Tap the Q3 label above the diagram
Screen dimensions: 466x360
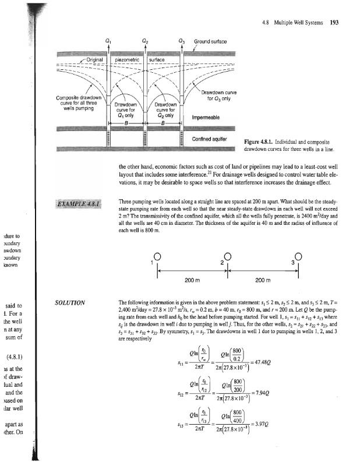click(182, 41)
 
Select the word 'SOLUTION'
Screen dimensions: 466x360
click(70, 303)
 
